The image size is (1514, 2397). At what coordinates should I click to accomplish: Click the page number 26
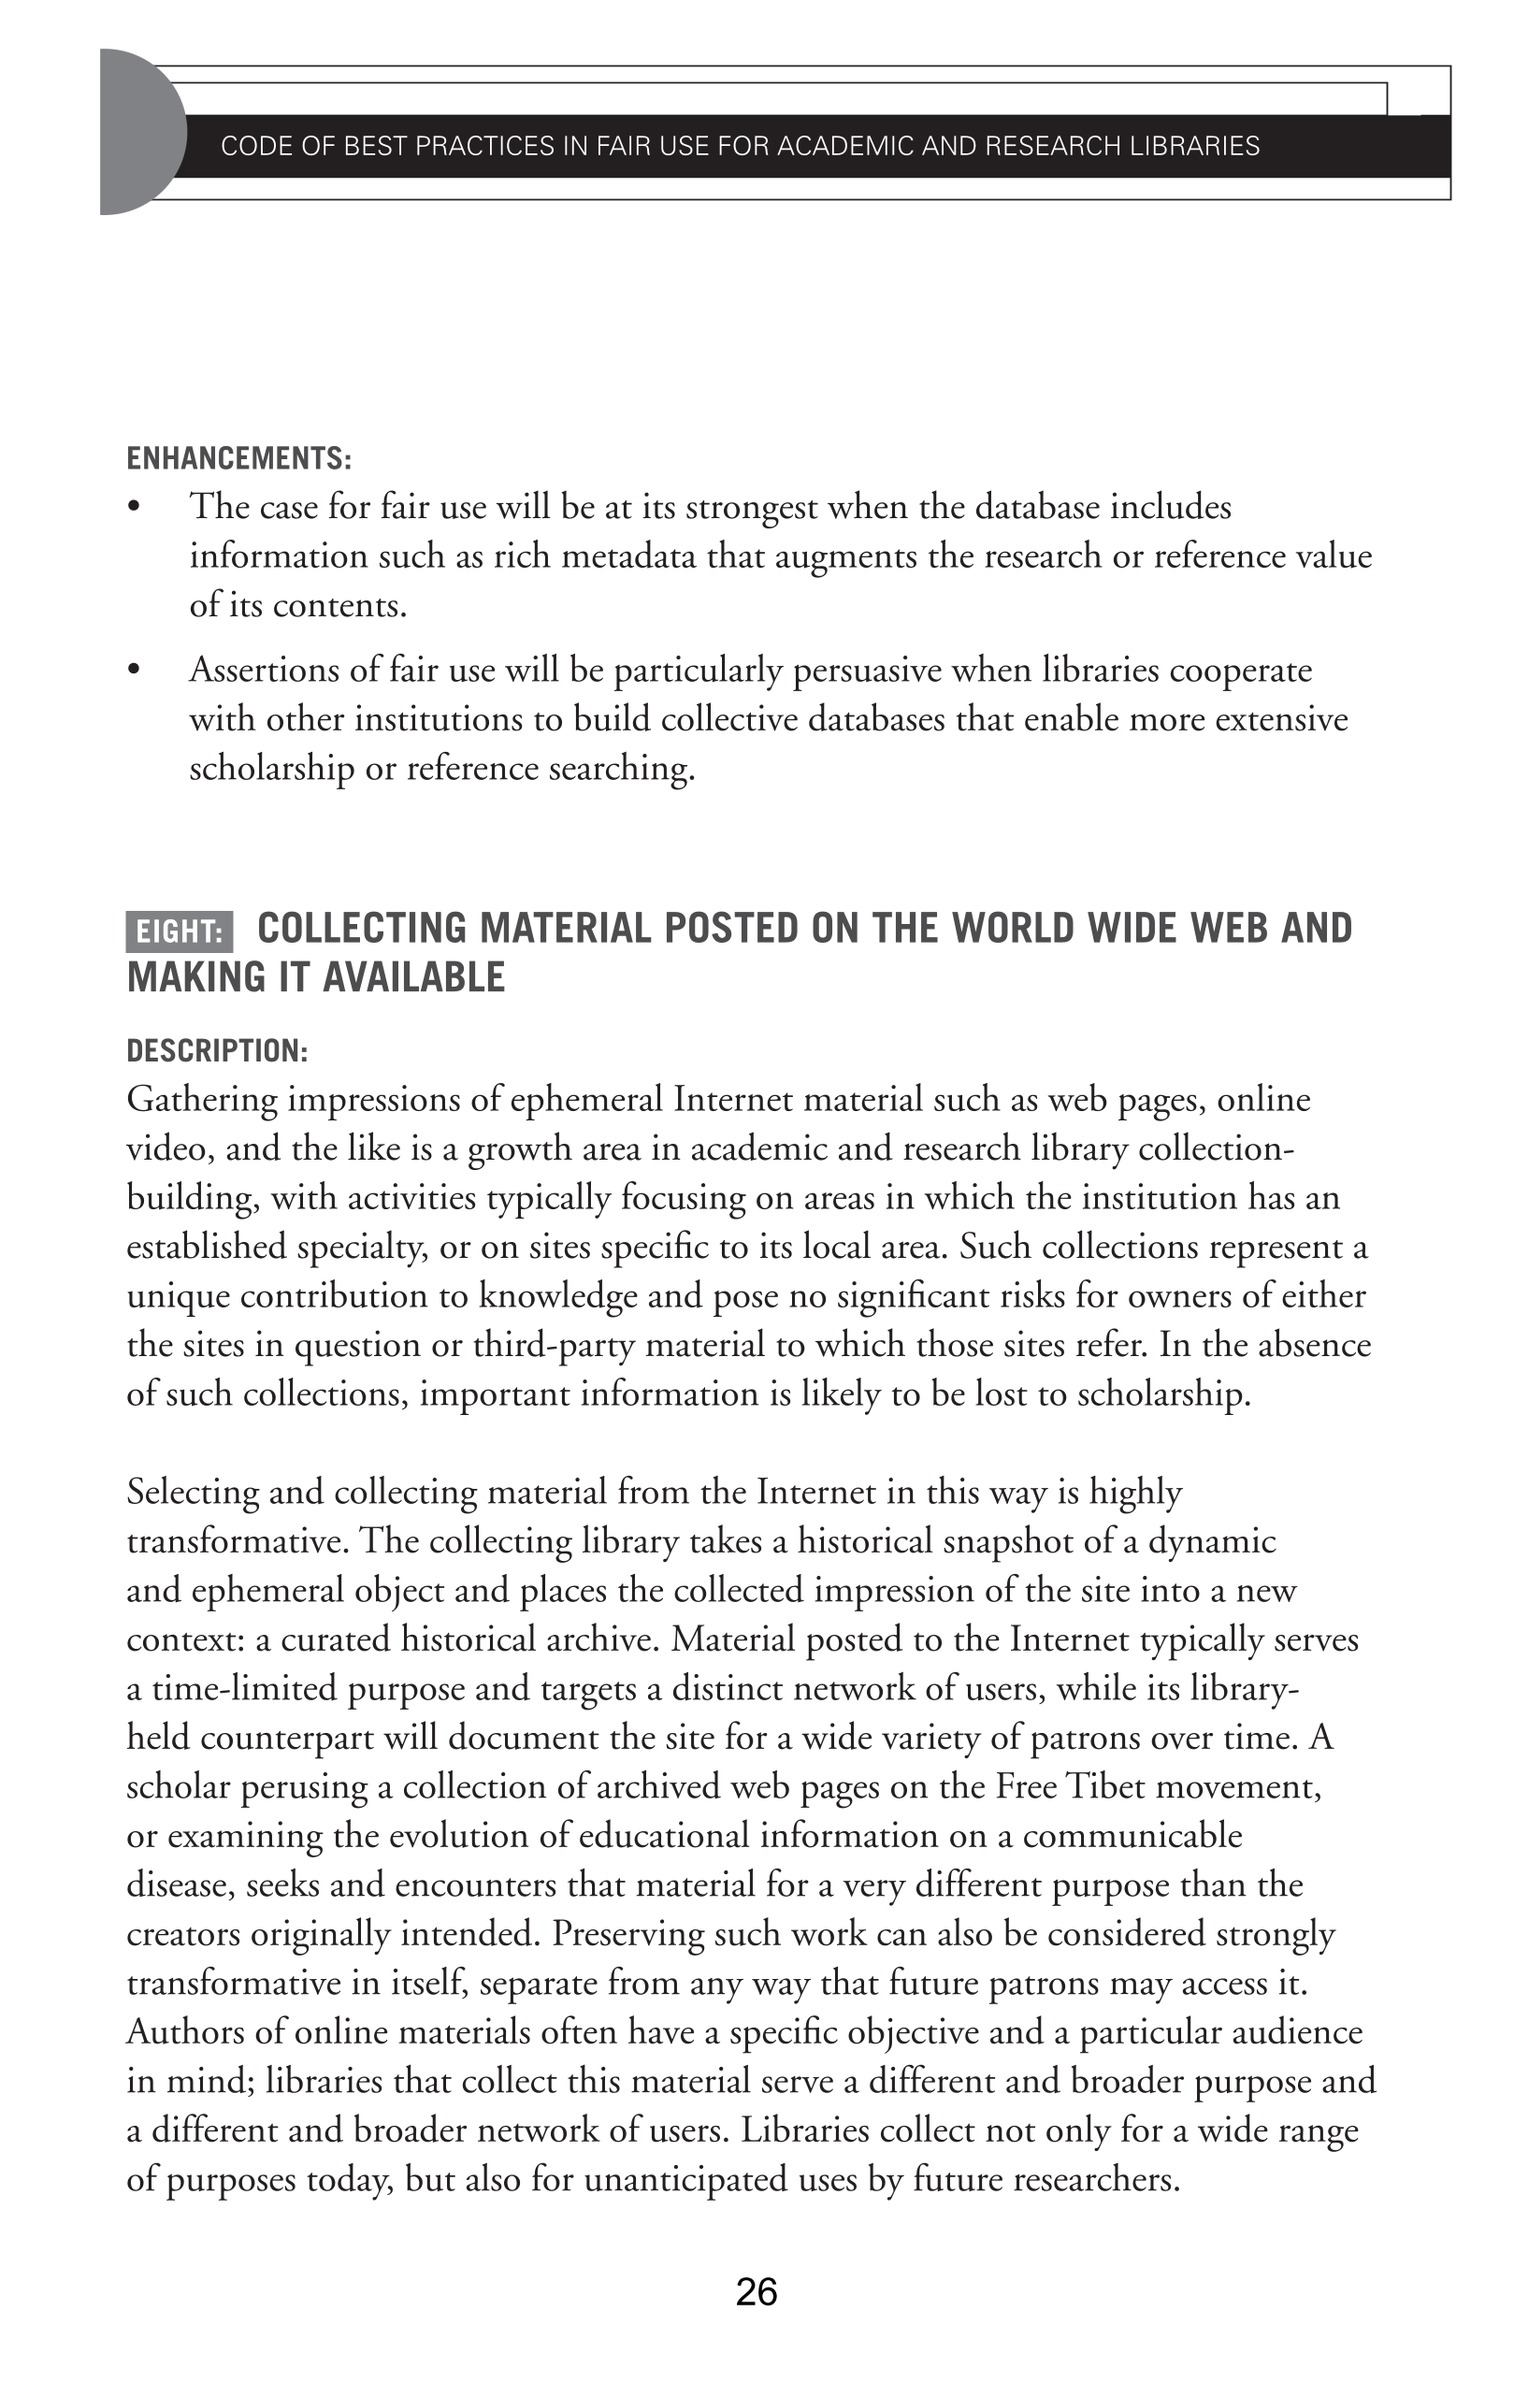(757, 2292)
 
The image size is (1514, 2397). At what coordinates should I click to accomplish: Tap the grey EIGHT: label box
(180, 931)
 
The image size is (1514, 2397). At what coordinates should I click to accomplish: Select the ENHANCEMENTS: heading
(238, 459)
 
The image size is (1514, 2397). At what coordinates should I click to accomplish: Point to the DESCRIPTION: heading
(217, 1051)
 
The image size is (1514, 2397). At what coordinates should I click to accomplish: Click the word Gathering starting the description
(202, 1101)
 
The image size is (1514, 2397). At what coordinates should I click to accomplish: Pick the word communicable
(1132, 1836)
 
